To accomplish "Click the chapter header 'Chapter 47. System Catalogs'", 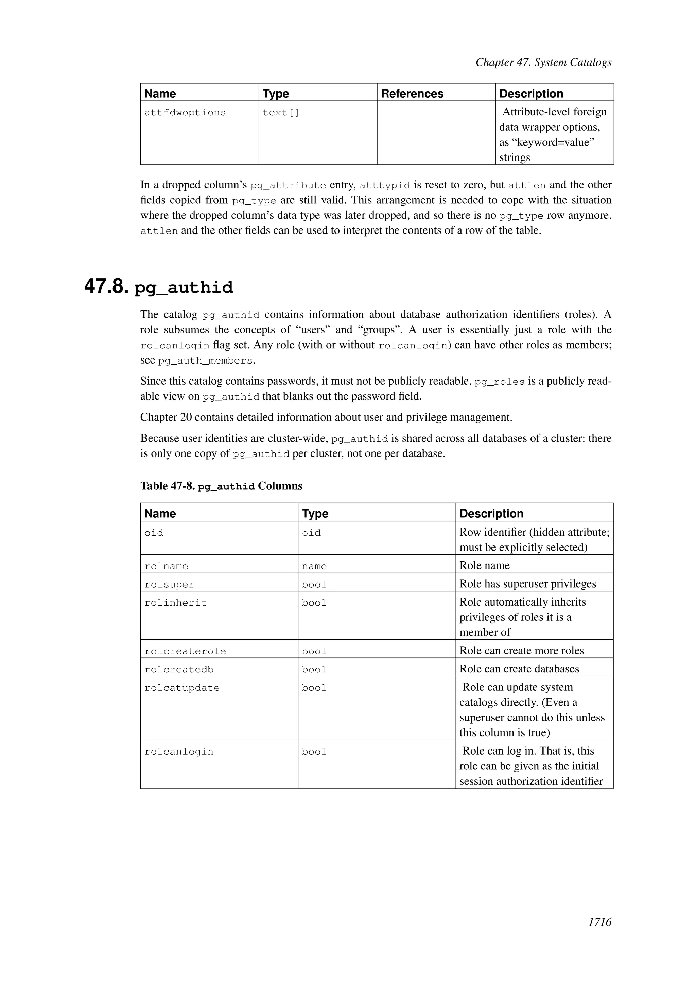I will [x=543, y=62].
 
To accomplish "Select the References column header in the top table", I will [x=412, y=94].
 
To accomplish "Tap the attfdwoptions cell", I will [x=185, y=113].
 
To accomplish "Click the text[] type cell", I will [x=281, y=113].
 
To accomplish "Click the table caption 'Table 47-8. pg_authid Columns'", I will [x=221, y=486].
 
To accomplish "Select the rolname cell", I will [x=166, y=566].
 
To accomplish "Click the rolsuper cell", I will [x=169, y=585].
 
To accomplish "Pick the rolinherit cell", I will [x=175, y=603].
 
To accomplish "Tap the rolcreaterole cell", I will [x=185, y=651].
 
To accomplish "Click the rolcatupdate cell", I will [x=182, y=688].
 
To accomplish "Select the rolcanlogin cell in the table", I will [x=179, y=752].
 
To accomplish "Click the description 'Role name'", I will [x=484, y=565].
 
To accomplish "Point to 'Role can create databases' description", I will [x=519, y=669].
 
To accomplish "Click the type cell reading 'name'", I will [x=314, y=566].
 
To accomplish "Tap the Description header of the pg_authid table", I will [x=491, y=513].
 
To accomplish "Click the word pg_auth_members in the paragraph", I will [x=205, y=361].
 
